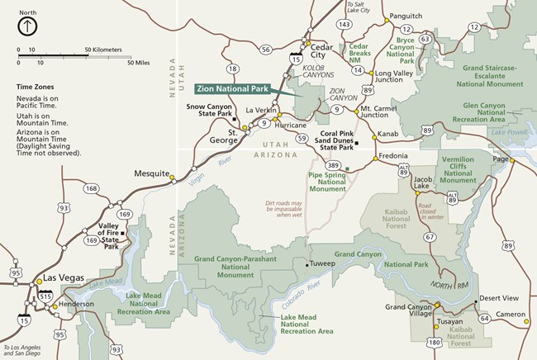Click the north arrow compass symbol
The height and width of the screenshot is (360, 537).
[x=27, y=26]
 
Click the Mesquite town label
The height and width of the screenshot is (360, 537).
[x=152, y=173]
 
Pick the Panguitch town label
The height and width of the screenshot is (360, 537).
[x=405, y=16]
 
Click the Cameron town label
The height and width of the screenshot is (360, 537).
[x=510, y=315]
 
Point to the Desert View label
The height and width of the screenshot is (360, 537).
[x=499, y=297]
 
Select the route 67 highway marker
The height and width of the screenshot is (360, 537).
[x=430, y=237]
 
